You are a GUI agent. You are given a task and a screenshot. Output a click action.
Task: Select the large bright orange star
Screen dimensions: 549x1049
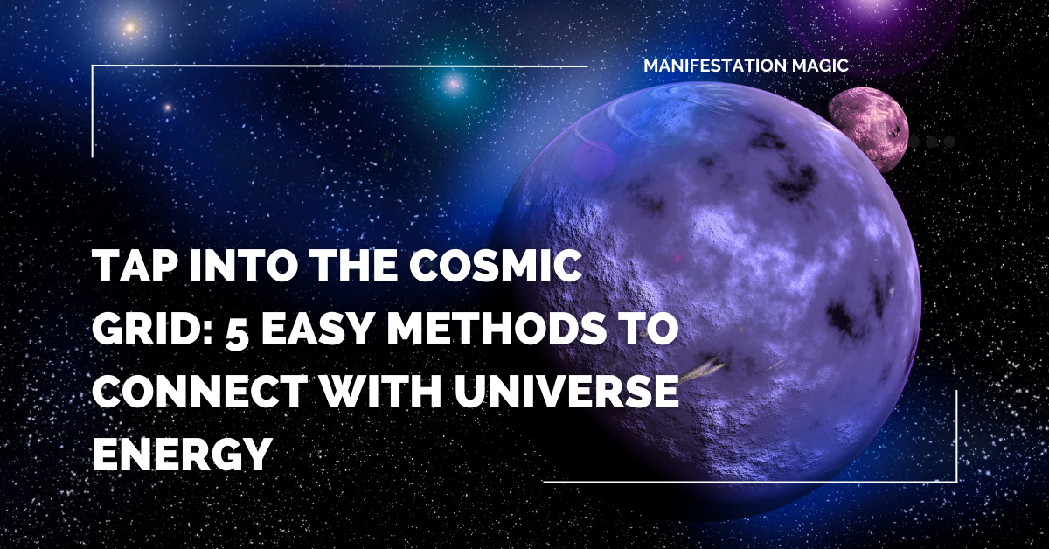pyautogui.click(x=129, y=28)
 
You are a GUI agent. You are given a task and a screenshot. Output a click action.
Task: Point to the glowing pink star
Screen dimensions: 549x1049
pyautogui.click(x=453, y=84)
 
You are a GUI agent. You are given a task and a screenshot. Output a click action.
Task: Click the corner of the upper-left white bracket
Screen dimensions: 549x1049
pyautogui.click(x=93, y=66)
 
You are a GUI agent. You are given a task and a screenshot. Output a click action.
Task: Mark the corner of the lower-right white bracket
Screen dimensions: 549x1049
pyautogui.click(x=956, y=481)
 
